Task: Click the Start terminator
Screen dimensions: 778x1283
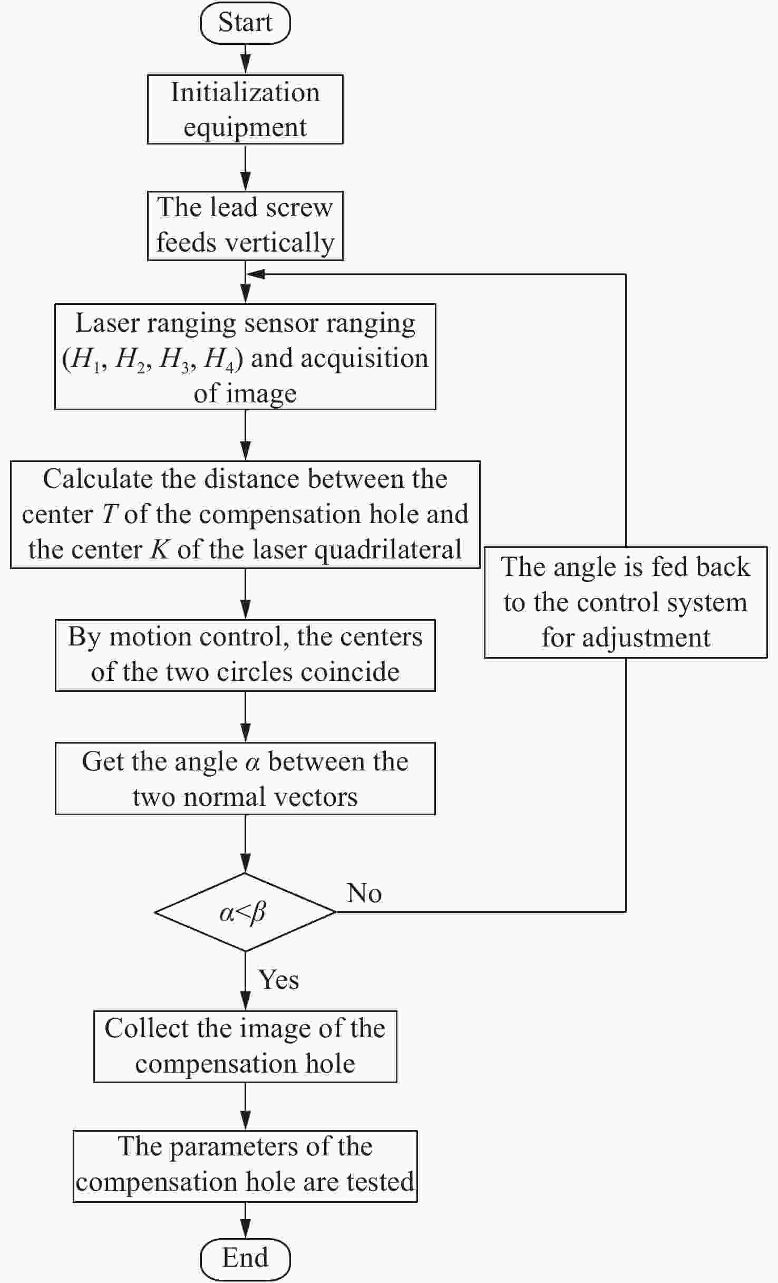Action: (245, 23)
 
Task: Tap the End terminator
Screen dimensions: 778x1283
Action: (245, 1259)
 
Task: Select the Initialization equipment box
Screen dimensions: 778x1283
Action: (245, 109)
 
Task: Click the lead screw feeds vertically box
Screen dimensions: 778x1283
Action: (245, 226)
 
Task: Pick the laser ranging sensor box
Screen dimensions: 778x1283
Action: (245, 356)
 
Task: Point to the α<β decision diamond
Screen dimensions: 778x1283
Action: (245, 912)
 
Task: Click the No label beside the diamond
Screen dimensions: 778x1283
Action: (364, 893)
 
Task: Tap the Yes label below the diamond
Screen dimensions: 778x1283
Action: (278, 980)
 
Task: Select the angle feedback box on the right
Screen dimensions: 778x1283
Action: (626, 602)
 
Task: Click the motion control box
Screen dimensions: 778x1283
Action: (245, 655)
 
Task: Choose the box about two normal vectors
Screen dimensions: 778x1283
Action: (245, 778)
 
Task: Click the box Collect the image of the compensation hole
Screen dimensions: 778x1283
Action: (245, 1047)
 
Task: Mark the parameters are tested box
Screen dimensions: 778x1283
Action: (245, 1166)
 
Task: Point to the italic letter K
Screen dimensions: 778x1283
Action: (160, 549)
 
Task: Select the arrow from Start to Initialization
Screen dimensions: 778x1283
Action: (246, 59)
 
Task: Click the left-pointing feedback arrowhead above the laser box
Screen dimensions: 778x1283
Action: (256, 274)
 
